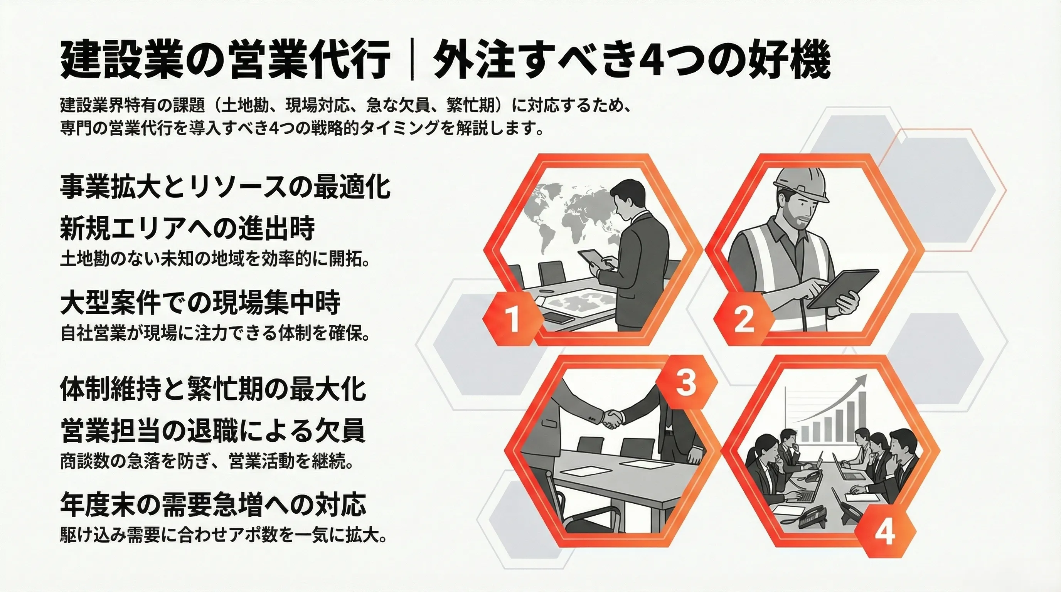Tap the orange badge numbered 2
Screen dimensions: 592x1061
point(743,319)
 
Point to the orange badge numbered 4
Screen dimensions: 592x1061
point(885,533)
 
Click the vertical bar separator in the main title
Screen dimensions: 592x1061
point(412,65)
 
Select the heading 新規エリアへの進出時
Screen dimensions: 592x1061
point(187,228)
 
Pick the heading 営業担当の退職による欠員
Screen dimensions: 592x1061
point(213,431)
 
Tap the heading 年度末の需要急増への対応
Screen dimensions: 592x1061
point(213,504)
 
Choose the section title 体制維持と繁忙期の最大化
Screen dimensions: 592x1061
point(213,389)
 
